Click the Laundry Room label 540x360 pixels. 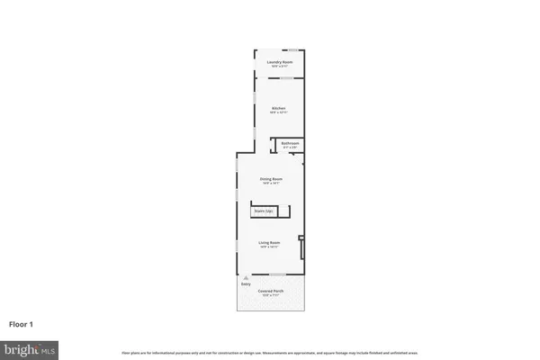point(279,61)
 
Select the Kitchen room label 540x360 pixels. point(279,109)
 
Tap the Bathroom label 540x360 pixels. point(290,143)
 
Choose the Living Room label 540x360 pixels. point(271,242)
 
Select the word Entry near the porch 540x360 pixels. point(246,284)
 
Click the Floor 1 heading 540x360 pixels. point(22,324)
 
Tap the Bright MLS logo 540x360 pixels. point(31,347)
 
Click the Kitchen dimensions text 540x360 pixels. point(279,113)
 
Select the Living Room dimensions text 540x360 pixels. point(271,247)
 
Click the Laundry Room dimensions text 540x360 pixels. point(279,66)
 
